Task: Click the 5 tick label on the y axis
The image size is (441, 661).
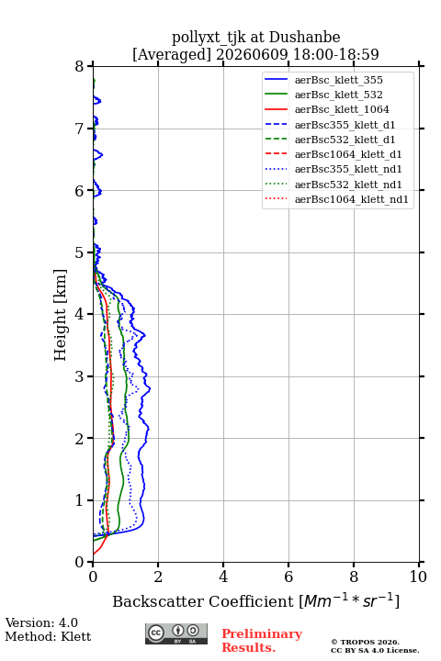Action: [80, 252]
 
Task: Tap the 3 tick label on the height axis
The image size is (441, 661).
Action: [80, 376]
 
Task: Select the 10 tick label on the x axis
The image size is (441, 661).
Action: [418, 577]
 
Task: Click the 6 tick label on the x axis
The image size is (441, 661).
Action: [288, 577]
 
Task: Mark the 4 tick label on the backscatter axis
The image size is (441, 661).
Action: [223, 577]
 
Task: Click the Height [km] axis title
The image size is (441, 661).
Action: [61, 315]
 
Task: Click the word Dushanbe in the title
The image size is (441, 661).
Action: [304, 37]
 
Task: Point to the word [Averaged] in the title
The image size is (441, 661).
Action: [172, 54]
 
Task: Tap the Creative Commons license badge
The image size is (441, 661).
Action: [176, 633]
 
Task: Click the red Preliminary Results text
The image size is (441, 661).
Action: [262, 641]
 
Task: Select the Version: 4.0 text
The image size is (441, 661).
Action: [41, 622]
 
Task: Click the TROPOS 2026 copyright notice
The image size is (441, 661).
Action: [365, 642]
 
